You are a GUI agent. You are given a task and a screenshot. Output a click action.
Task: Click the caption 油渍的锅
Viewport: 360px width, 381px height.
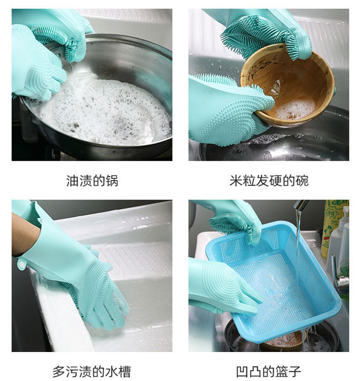click(x=92, y=181)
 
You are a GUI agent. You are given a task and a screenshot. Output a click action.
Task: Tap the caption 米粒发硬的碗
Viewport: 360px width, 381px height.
click(x=268, y=181)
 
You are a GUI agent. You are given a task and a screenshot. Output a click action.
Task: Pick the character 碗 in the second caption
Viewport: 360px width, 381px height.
click(x=302, y=181)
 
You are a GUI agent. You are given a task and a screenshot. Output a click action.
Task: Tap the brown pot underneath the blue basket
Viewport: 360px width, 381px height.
click(x=284, y=341)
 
